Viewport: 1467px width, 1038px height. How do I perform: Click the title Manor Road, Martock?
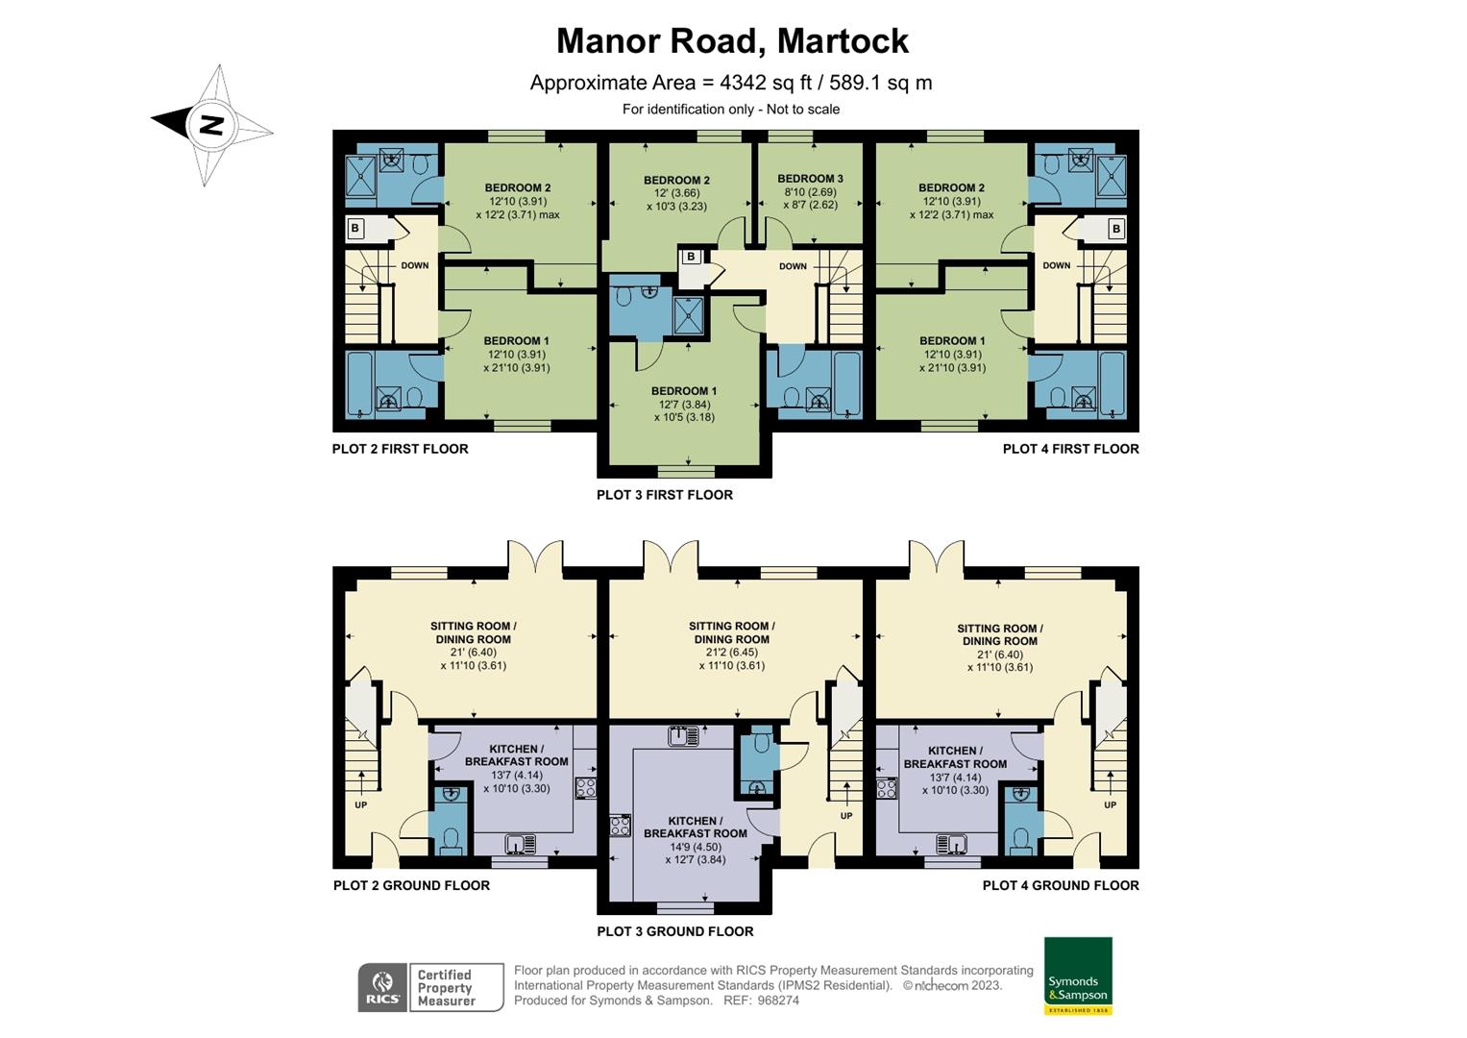pos(732,41)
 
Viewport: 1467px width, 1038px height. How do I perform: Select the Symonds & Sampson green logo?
pos(1078,976)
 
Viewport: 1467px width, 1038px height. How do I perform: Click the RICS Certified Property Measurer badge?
pos(430,987)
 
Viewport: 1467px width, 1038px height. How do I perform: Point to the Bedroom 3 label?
pos(810,179)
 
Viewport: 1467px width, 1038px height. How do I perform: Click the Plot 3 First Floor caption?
pos(664,495)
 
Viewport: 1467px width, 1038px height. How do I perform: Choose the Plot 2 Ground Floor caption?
pos(411,885)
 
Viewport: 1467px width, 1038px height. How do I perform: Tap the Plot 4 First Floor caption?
pos(1070,449)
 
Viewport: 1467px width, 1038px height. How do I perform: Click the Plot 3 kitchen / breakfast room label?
pos(695,828)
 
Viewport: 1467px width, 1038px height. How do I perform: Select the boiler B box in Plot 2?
pos(355,229)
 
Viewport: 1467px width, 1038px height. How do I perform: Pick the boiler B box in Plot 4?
pos(1115,229)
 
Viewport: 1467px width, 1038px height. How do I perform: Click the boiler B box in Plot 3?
pos(690,257)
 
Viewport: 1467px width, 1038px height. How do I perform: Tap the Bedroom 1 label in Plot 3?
pos(684,391)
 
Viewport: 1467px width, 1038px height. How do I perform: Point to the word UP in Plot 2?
pos(360,804)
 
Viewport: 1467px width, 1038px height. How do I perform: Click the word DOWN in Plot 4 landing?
pos(1056,265)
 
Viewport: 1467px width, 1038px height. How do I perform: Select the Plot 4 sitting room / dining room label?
pos(999,634)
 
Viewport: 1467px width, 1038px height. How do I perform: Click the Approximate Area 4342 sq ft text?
pos(730,83)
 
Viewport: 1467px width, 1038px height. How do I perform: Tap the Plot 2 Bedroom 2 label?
pos(517,188)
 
